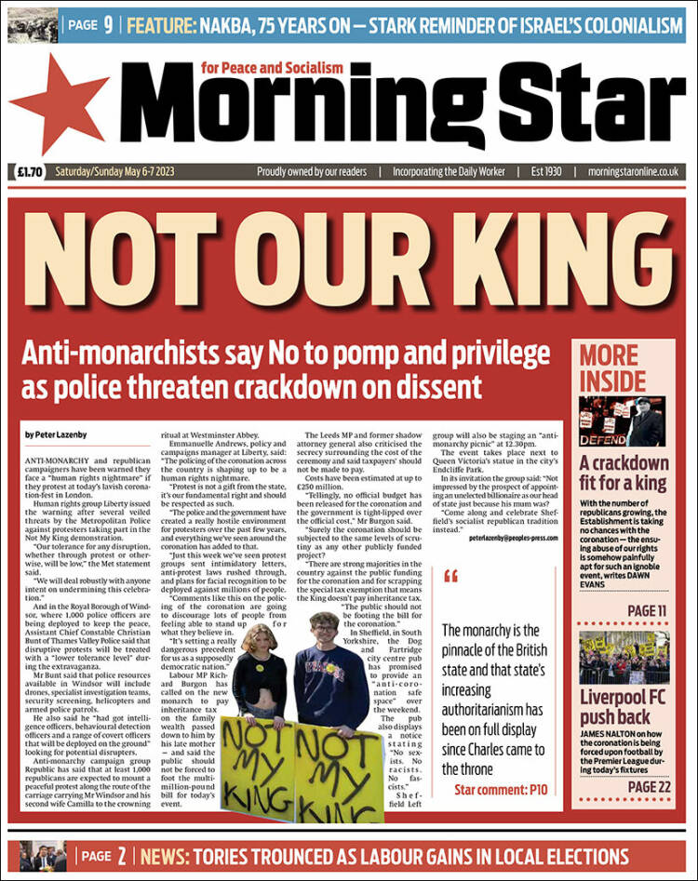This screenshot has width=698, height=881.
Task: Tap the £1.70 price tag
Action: pos(31,172)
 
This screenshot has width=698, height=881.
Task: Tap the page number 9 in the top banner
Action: pos(108,25)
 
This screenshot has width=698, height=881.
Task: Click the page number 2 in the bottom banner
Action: pos(121,856)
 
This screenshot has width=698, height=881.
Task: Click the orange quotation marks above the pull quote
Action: pos(452,576)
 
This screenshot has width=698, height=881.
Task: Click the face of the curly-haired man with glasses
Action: pos(324,634)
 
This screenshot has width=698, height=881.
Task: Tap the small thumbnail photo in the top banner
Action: pos(33,25)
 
